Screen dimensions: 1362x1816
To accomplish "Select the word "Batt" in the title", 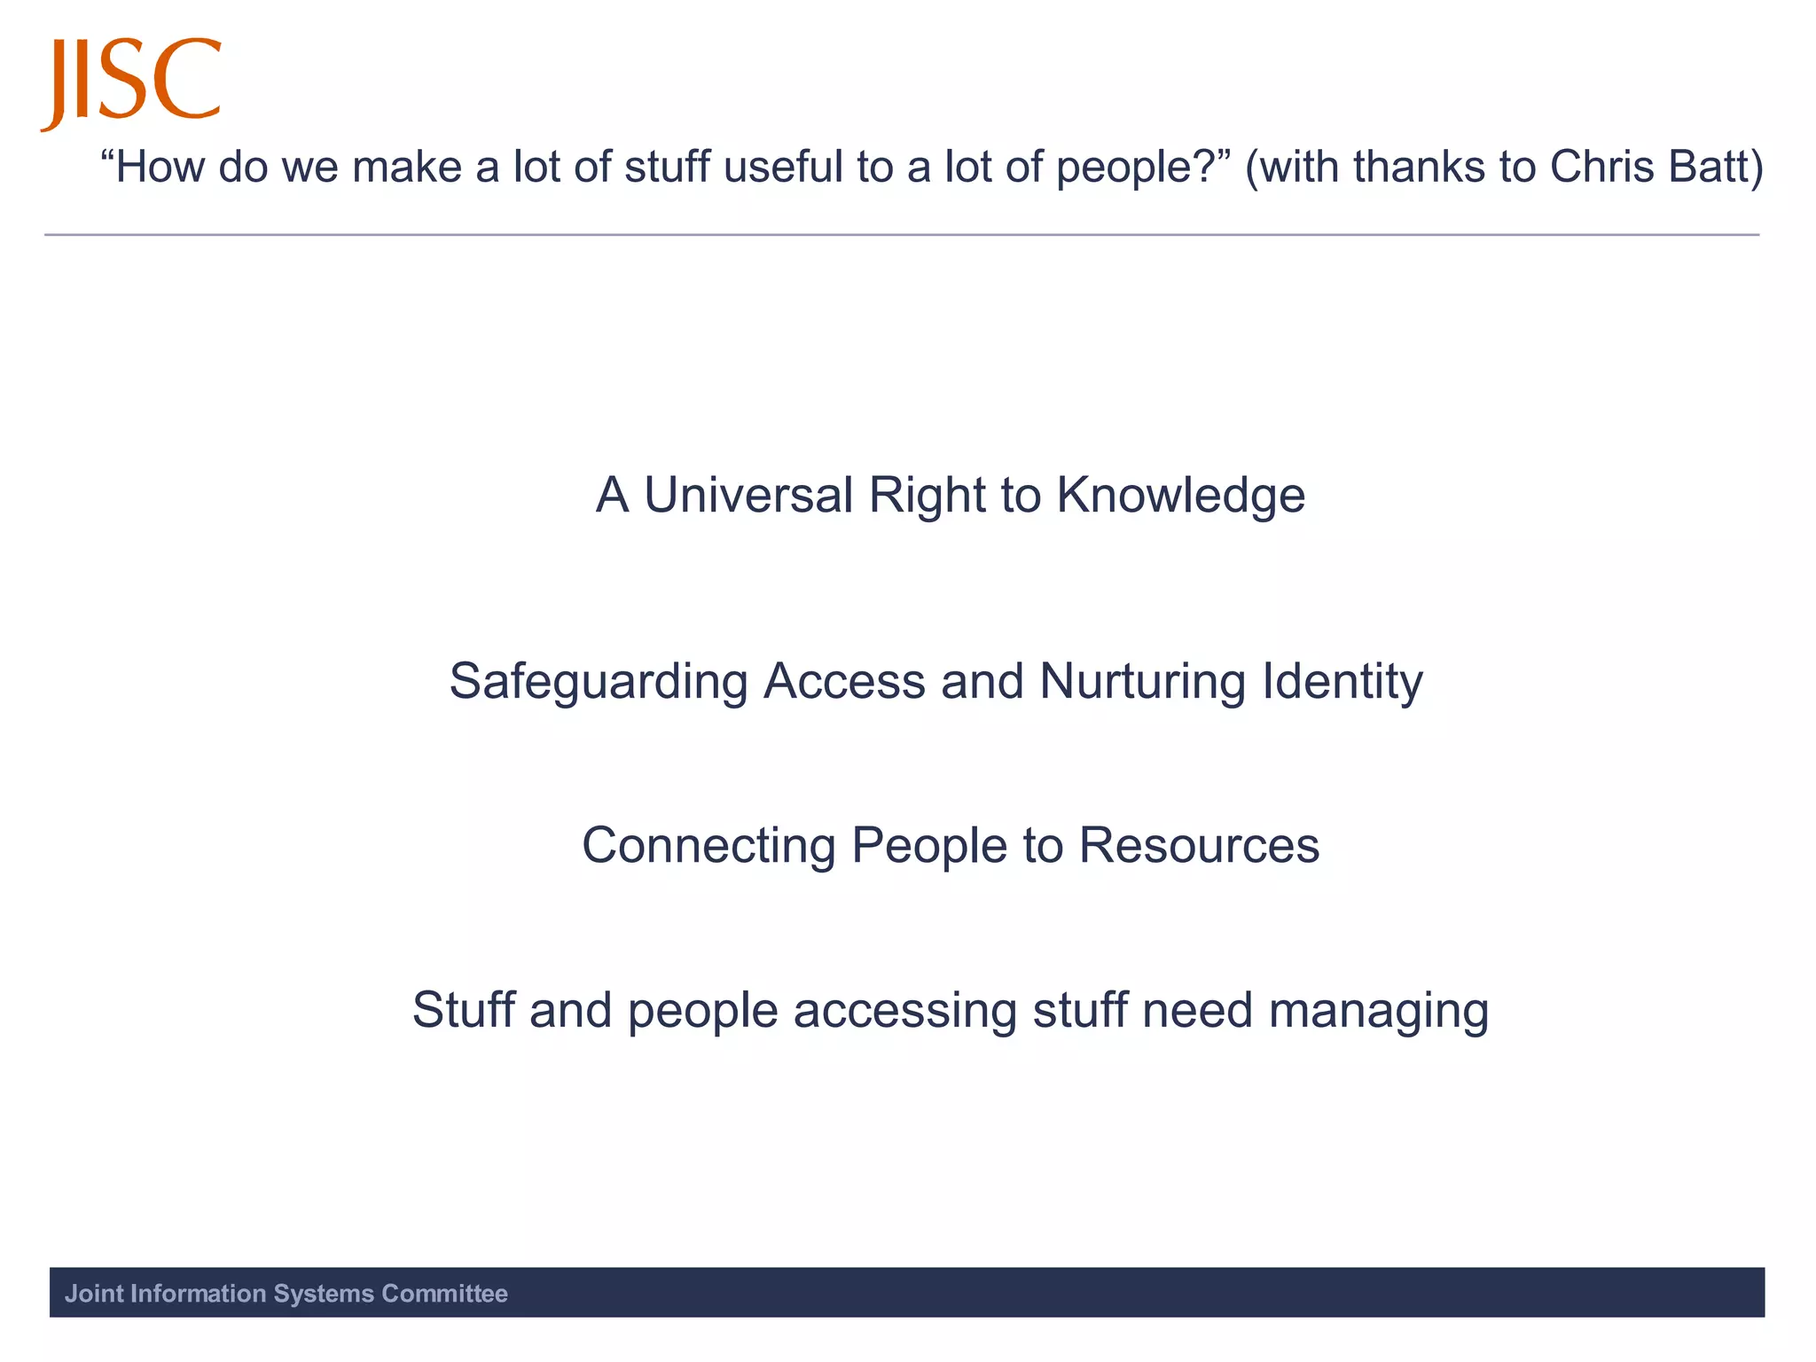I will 1714,167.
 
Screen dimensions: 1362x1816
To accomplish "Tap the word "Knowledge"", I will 1180,497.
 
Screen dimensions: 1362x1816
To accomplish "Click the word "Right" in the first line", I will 927,497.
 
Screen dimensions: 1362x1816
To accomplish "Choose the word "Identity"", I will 1342,683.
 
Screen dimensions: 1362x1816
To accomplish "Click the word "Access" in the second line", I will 844,681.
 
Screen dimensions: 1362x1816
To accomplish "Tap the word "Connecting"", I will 708,846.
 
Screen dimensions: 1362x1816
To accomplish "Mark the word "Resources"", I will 1199,845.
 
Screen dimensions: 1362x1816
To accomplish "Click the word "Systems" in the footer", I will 324,1294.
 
